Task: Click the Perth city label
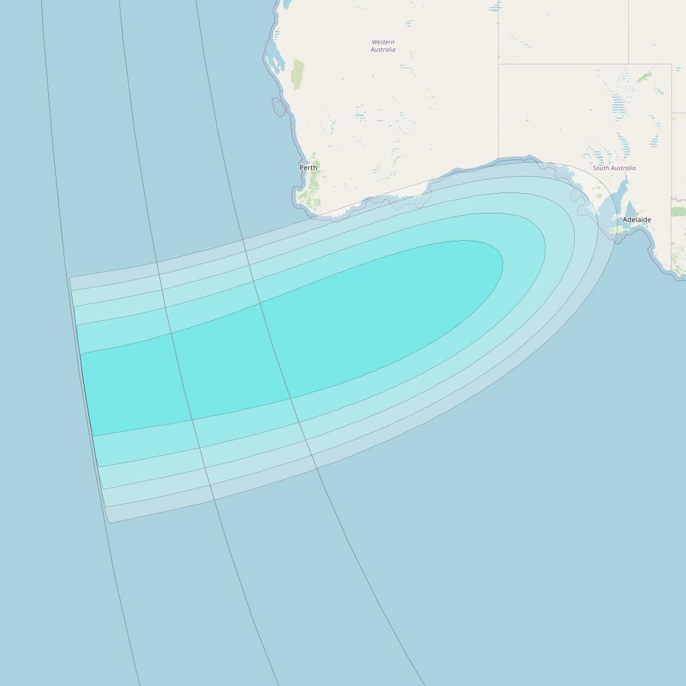click(x=308, y=168)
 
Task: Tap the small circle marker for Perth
click(x=308, y=163)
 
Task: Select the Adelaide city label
click(x=636, y=220)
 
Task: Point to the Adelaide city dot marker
click(x=637, y=214)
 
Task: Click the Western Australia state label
click(x=383, y=46)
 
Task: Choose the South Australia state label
click(x=614, y=168)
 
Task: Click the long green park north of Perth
click(x=297, y=74)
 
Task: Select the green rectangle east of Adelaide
click(x=678, y=212)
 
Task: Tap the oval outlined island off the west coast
click(x=279, y=107)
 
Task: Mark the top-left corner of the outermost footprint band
click(x=71, y=278)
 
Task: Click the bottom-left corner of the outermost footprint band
click(x=109, y=523)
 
